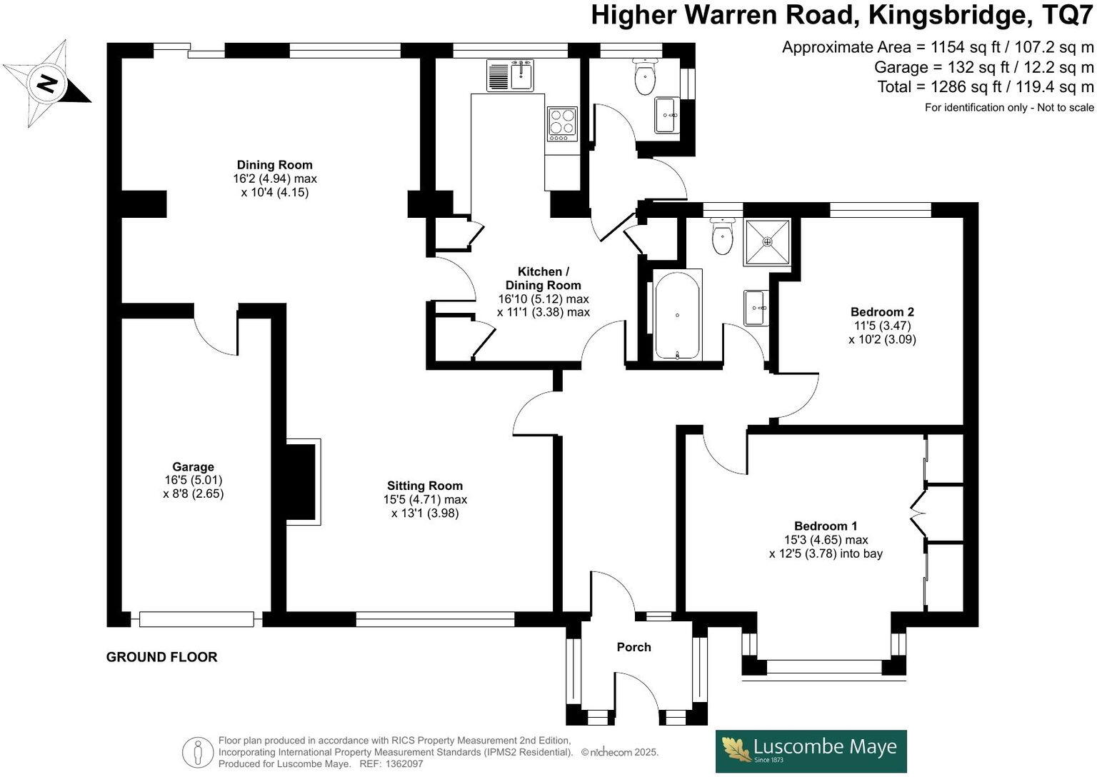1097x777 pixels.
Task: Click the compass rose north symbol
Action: pos(47,84)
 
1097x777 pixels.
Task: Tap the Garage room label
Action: pos(193,467)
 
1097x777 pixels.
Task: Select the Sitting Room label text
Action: pos(425,486)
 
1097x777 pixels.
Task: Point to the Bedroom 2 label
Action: pos(882,312)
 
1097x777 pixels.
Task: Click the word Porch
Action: pos(633,647)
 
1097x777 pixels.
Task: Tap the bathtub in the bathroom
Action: pos(678,314)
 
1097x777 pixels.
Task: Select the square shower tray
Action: pos(768,242)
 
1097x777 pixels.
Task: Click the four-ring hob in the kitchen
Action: pos(562,122)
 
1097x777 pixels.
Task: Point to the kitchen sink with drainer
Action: pos(511,75)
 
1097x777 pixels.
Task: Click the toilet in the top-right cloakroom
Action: pos(646,78)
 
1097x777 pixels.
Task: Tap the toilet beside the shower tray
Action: pos(723,237)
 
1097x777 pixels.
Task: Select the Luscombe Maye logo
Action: pos(811,750)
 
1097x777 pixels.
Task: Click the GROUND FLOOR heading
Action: pos(161,657)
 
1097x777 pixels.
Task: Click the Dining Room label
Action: pos(275,165)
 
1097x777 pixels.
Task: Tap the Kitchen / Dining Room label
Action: pos(543,279)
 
